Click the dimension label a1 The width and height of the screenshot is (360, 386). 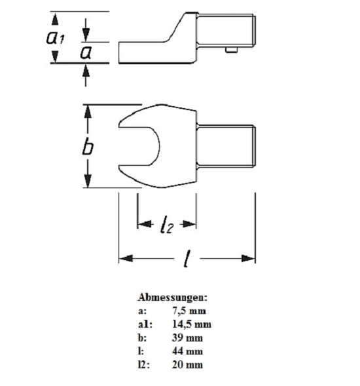56,37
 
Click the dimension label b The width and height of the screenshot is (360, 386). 88,147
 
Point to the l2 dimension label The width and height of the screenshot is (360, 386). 167,224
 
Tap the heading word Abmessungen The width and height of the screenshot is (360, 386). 173,297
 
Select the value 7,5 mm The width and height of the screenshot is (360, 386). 189,311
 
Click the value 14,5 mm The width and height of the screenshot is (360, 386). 192,324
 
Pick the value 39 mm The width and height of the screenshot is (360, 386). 187,338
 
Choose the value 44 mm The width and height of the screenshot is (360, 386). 187,351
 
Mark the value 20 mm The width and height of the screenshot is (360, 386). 187,364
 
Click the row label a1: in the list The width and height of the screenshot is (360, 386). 145,324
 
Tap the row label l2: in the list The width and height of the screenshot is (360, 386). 143,364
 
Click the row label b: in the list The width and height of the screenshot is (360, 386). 142,338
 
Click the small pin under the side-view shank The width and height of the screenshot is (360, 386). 232,50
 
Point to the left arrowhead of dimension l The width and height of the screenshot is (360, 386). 126,258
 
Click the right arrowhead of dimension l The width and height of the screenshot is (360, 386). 248,258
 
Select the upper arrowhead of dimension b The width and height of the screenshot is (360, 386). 88,111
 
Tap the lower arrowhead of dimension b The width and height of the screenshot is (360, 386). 88,181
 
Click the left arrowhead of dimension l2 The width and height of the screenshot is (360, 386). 145,224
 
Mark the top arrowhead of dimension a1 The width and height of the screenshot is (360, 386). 56,19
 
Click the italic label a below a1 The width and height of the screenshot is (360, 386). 86,52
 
